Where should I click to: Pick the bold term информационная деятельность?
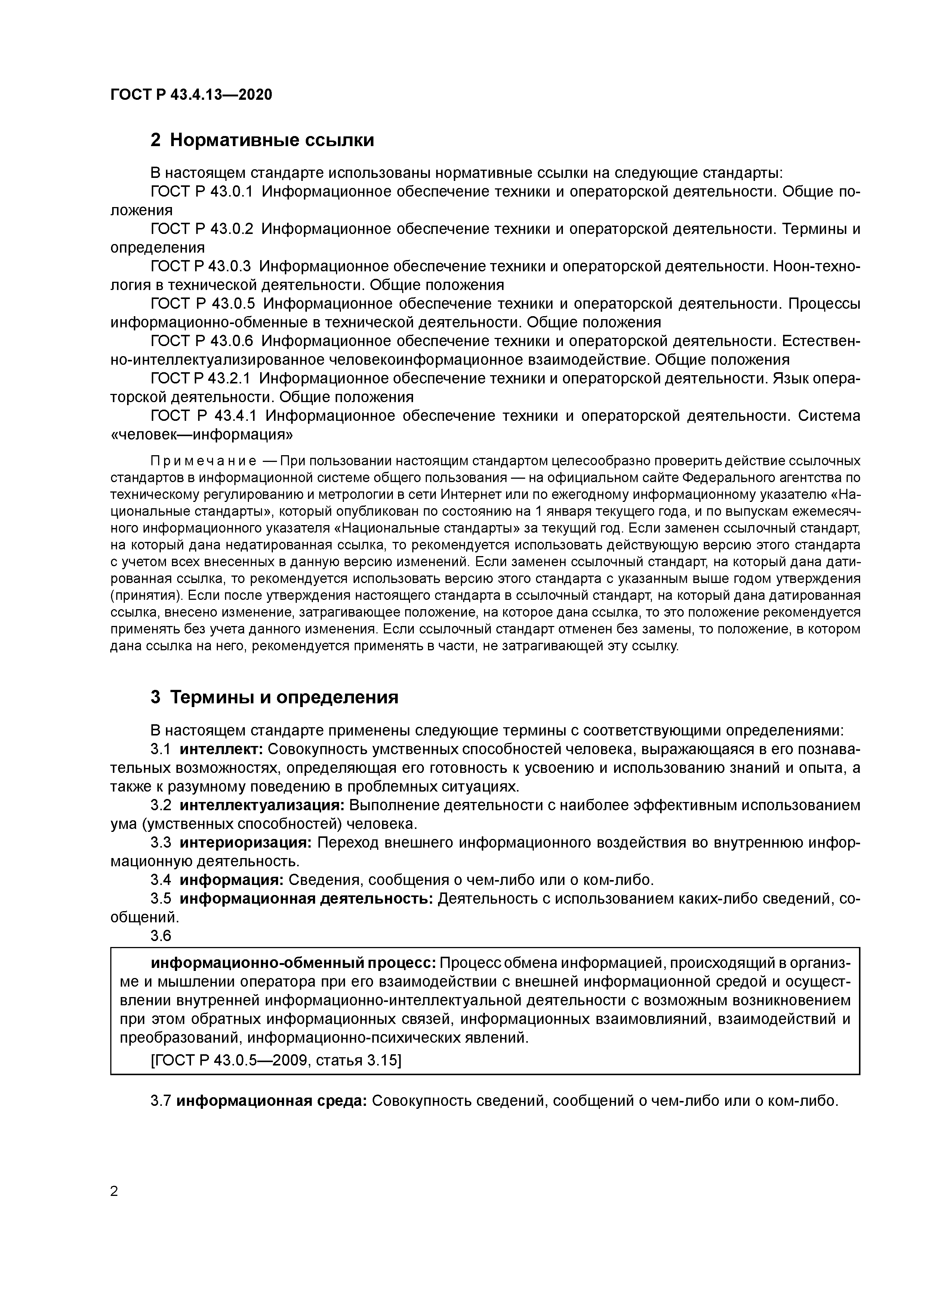click(307, 899)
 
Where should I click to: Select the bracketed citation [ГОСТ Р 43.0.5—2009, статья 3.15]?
click(276, 1060)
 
